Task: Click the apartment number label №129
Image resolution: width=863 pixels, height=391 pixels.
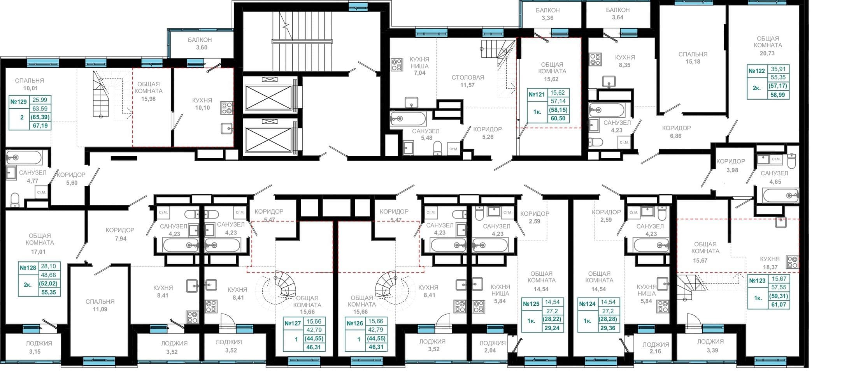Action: [19, 102]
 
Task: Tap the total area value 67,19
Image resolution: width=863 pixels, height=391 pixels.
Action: [40, 125]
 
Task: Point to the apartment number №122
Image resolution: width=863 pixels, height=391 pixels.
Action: [757, 71]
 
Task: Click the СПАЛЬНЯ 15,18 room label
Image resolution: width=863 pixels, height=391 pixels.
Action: [693, 58]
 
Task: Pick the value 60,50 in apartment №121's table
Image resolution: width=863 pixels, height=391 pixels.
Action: [558, 118]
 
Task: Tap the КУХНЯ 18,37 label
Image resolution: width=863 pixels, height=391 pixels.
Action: [770, 263]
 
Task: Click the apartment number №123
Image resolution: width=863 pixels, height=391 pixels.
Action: [757, 280]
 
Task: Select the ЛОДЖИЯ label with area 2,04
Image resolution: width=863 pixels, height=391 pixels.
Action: [492, 347]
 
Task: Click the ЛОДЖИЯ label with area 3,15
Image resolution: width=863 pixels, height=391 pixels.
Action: [39, 347]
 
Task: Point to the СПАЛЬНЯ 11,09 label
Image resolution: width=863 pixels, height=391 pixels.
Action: [100, 305]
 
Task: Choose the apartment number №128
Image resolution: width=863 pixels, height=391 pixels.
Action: [28, 268]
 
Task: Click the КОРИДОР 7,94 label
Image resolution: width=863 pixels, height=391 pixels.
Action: [120, 234]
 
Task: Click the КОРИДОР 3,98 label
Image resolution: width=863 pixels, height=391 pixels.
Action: [731, 166]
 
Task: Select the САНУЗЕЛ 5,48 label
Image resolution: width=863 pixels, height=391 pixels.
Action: [426, 134]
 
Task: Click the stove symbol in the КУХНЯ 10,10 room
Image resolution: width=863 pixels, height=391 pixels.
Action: [226, 108]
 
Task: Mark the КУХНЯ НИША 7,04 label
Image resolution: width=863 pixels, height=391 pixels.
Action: [419, 66]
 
